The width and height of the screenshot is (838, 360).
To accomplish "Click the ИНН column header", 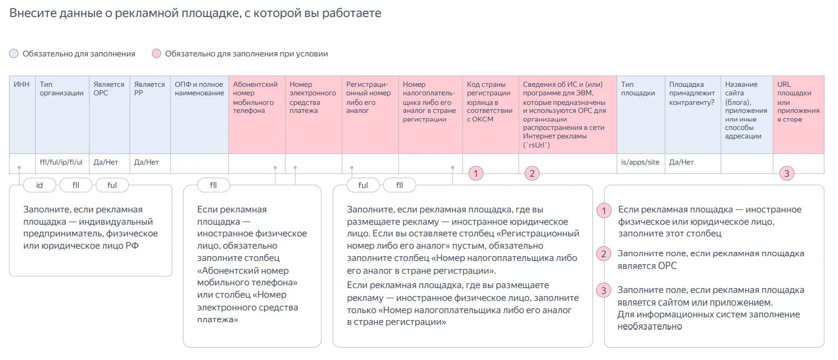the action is click(22, 85).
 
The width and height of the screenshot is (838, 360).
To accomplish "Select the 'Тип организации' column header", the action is click(61, 89).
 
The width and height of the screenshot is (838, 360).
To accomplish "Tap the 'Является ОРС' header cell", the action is click(109, 89).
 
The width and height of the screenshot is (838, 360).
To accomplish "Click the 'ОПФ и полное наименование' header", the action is click(199, 89).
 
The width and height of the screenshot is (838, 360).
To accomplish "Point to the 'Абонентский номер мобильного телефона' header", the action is click(255, 97).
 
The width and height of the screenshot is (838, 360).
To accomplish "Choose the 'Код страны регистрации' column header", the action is click(489, 102).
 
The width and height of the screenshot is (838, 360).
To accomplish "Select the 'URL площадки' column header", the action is click(798, 102).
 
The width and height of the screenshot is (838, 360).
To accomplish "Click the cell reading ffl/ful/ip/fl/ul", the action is click(61, 162).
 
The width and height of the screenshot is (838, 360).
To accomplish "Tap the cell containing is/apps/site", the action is click(640, 162).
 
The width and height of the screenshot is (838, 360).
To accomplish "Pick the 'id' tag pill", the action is click(39, 185).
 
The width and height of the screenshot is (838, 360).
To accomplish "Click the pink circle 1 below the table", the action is click(476, 173).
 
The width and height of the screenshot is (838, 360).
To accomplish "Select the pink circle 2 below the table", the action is click(532, 173).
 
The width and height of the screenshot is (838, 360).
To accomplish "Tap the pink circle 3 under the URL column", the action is click(786, 173).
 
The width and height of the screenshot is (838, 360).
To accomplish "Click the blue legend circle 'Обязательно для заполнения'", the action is click(14, 54).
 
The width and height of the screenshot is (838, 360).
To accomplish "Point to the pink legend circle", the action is click(157, 54).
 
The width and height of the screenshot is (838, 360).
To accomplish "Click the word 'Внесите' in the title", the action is click(29, 13).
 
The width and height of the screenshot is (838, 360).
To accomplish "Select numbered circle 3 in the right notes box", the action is click(603, 291).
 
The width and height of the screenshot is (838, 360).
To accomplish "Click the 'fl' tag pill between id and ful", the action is click(76, 185).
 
